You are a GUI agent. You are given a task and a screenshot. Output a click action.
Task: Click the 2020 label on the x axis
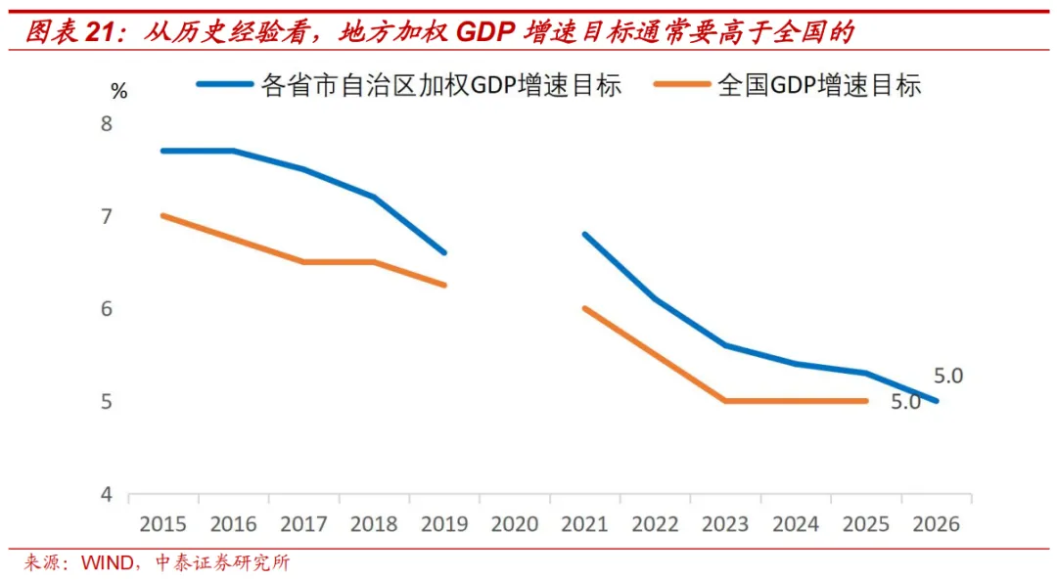[x=515, y=524]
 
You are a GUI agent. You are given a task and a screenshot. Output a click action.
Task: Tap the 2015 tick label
[x=163, y=524]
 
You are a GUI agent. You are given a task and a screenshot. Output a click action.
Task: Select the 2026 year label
[x=937, y=524]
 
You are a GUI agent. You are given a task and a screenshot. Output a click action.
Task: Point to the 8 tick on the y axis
[x=106, y=123]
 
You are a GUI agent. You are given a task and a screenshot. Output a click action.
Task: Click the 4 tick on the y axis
[x=106, y=494]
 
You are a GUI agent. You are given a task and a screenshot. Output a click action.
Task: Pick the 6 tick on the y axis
[x=106, y=309]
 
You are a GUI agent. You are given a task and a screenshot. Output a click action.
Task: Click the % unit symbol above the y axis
[x=118, y=92]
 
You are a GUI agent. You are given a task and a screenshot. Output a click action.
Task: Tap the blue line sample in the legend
[x=225, y=85]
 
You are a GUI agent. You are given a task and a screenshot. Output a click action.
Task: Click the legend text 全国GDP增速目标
[x=819, y=85]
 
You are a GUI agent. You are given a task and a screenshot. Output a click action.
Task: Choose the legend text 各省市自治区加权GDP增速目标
[x=440, y=85]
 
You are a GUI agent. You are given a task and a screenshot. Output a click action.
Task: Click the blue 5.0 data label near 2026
[x=948, y=376]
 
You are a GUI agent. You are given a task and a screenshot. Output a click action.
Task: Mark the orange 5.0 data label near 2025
[x=905, y=402]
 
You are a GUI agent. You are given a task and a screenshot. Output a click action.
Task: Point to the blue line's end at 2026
[x=937, y=401]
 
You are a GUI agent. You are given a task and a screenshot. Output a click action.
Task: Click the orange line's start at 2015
[x=163, y=215]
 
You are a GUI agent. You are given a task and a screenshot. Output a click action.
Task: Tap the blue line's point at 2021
[x=585, y=235]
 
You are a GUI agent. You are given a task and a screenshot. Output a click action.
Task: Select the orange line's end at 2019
[x=445, y=286]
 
